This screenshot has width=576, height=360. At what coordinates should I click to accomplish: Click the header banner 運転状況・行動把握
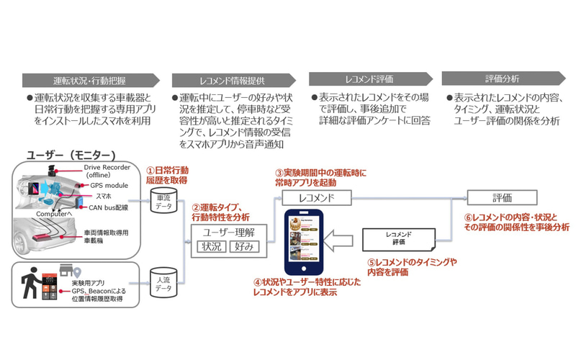[x=91, y=80]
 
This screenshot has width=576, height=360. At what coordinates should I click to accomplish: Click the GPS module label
[x=109, y=186]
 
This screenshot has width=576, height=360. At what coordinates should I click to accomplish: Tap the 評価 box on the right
[x=501, y=197]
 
